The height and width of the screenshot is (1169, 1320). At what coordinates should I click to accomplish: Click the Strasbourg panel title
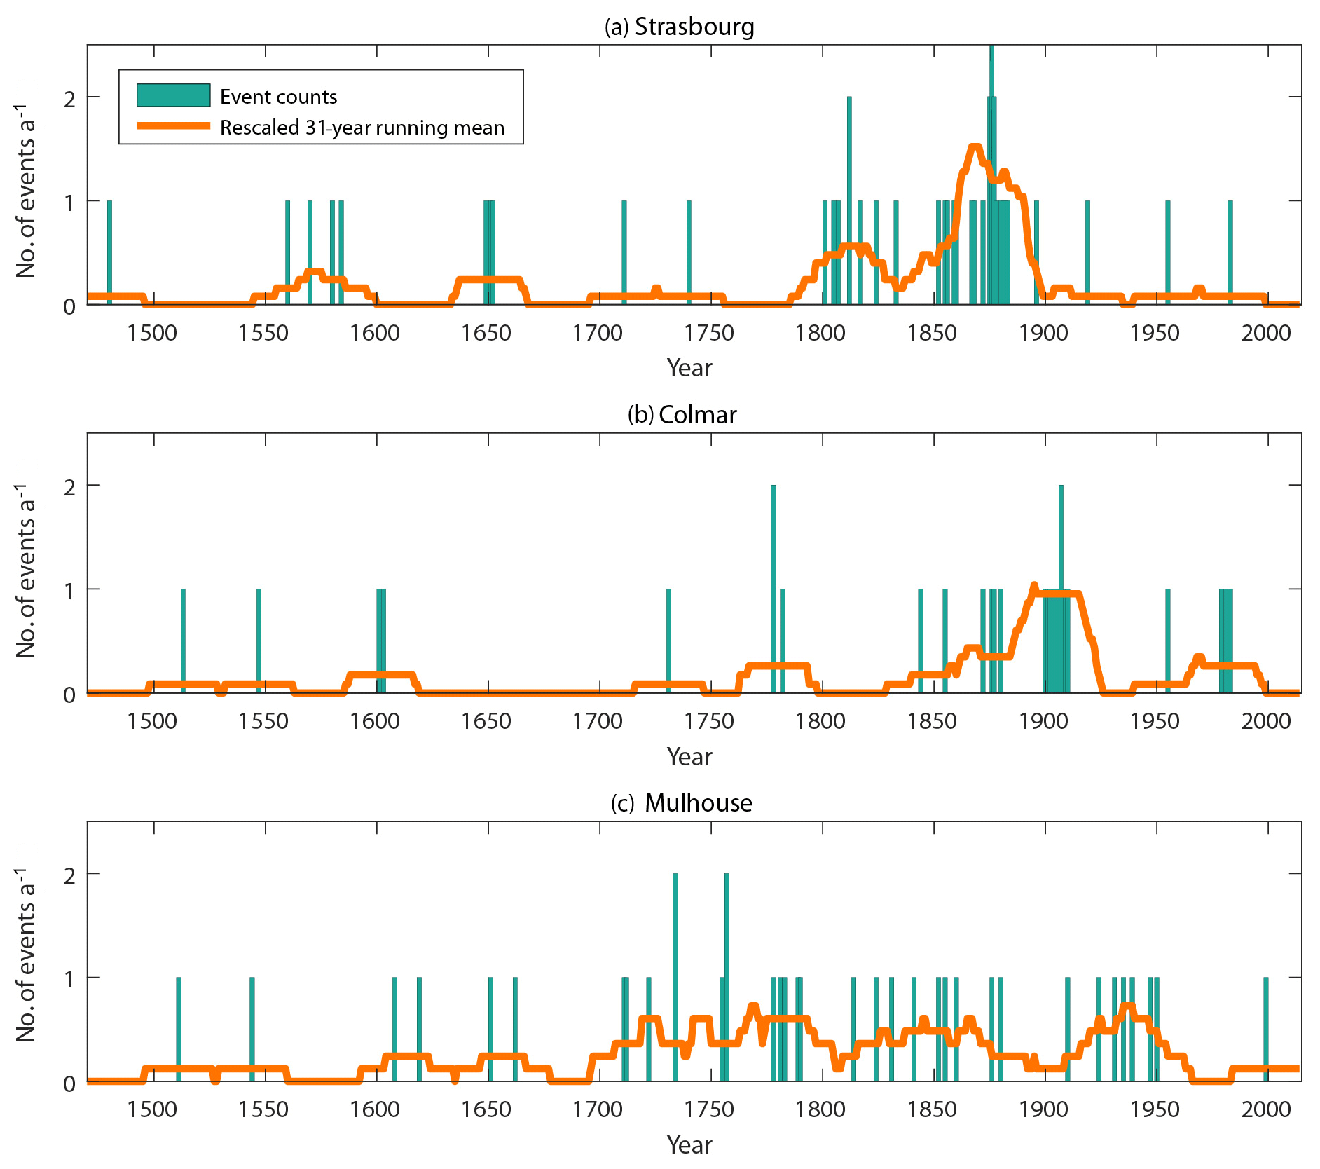point(679,27)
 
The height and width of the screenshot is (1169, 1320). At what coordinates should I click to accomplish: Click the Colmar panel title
point(682,415)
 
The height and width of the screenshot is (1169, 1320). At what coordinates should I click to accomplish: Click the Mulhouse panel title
point(681,803)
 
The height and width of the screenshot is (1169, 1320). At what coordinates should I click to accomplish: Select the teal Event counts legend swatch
point(173,95)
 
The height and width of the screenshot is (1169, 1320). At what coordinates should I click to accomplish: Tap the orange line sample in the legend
point(173,126)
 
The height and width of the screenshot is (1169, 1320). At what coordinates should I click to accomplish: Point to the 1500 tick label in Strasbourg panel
point(152,332)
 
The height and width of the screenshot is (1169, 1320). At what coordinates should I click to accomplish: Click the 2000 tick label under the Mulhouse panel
point(1265,1109)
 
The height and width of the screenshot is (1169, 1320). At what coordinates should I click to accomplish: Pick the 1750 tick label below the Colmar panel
point(709,720)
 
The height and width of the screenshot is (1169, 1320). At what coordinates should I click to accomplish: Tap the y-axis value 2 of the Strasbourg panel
point(69,98)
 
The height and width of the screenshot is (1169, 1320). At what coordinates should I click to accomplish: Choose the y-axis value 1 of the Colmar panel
point(69,591)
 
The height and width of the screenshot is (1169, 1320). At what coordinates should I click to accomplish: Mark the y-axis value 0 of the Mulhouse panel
point(69,1083)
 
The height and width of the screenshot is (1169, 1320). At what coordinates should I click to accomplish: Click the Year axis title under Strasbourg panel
point(689,368)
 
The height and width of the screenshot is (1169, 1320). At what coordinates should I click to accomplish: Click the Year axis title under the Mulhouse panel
point(689,1144)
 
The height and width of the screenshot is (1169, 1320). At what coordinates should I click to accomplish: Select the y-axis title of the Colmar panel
point(26,570)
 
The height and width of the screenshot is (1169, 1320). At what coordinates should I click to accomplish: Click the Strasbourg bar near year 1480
point(109,252)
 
